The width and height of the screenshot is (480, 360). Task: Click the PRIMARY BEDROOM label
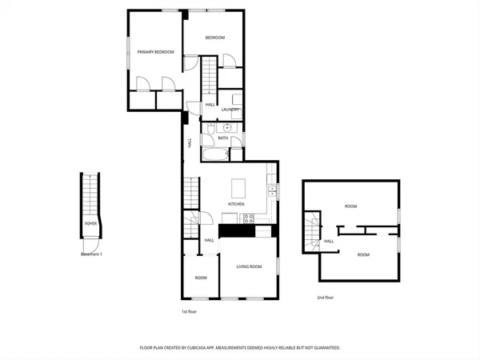[155, 52]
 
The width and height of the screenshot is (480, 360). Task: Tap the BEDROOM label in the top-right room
[214, 38]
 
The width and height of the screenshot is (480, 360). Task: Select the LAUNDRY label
[231, 110]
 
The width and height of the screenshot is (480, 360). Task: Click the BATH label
[223, 138]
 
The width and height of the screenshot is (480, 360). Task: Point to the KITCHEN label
[236, 204]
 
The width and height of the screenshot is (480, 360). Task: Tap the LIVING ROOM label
[250, 266]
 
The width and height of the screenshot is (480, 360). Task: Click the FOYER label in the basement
[90, 223]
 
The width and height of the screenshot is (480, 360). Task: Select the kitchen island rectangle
[239, 188]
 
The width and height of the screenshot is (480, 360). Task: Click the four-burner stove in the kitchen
[249, 218]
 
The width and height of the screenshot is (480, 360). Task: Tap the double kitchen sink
[273, 191]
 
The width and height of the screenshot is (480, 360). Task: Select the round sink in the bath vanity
[227, 126]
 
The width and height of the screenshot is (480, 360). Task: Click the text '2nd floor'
[325, 297]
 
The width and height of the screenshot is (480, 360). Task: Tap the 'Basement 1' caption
[92, 254]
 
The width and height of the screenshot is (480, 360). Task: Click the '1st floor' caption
[188, 311]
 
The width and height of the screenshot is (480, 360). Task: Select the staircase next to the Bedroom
[209, 77]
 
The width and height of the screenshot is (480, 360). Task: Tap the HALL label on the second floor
[329, 241]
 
